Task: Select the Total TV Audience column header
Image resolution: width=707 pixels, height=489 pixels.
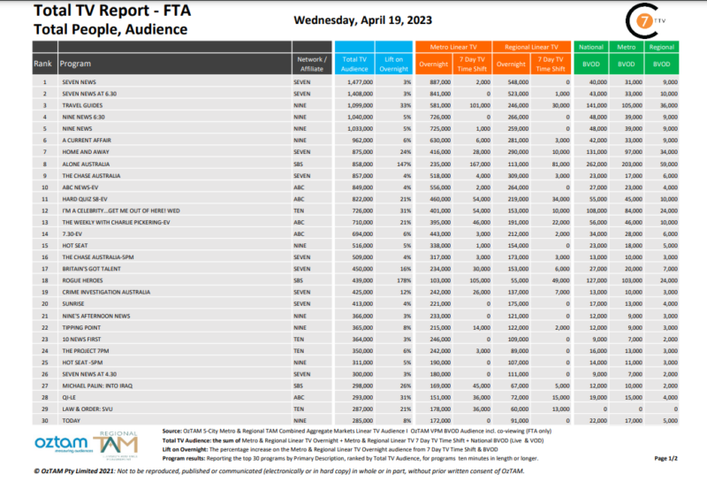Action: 353,60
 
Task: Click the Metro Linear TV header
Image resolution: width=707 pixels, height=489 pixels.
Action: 455,45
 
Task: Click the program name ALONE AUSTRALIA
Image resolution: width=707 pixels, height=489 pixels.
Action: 87,163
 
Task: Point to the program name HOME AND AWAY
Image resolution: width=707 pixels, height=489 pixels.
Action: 85,151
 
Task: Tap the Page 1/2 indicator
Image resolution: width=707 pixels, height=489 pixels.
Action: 667,458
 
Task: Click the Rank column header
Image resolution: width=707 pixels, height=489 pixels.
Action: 42,64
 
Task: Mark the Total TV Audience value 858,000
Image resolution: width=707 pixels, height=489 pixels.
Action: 355,163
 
